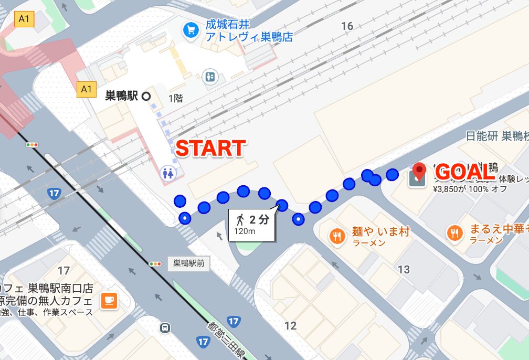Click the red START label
210,149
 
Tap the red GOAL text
465,172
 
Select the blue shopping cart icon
189,30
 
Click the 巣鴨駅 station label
122,96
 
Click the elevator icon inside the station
210,77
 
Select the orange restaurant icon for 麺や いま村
336,236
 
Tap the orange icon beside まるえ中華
454,232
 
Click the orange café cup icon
110,300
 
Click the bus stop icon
165,329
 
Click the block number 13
404,270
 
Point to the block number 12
291,326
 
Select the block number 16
347,26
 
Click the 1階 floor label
176,98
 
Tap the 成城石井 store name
227,24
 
